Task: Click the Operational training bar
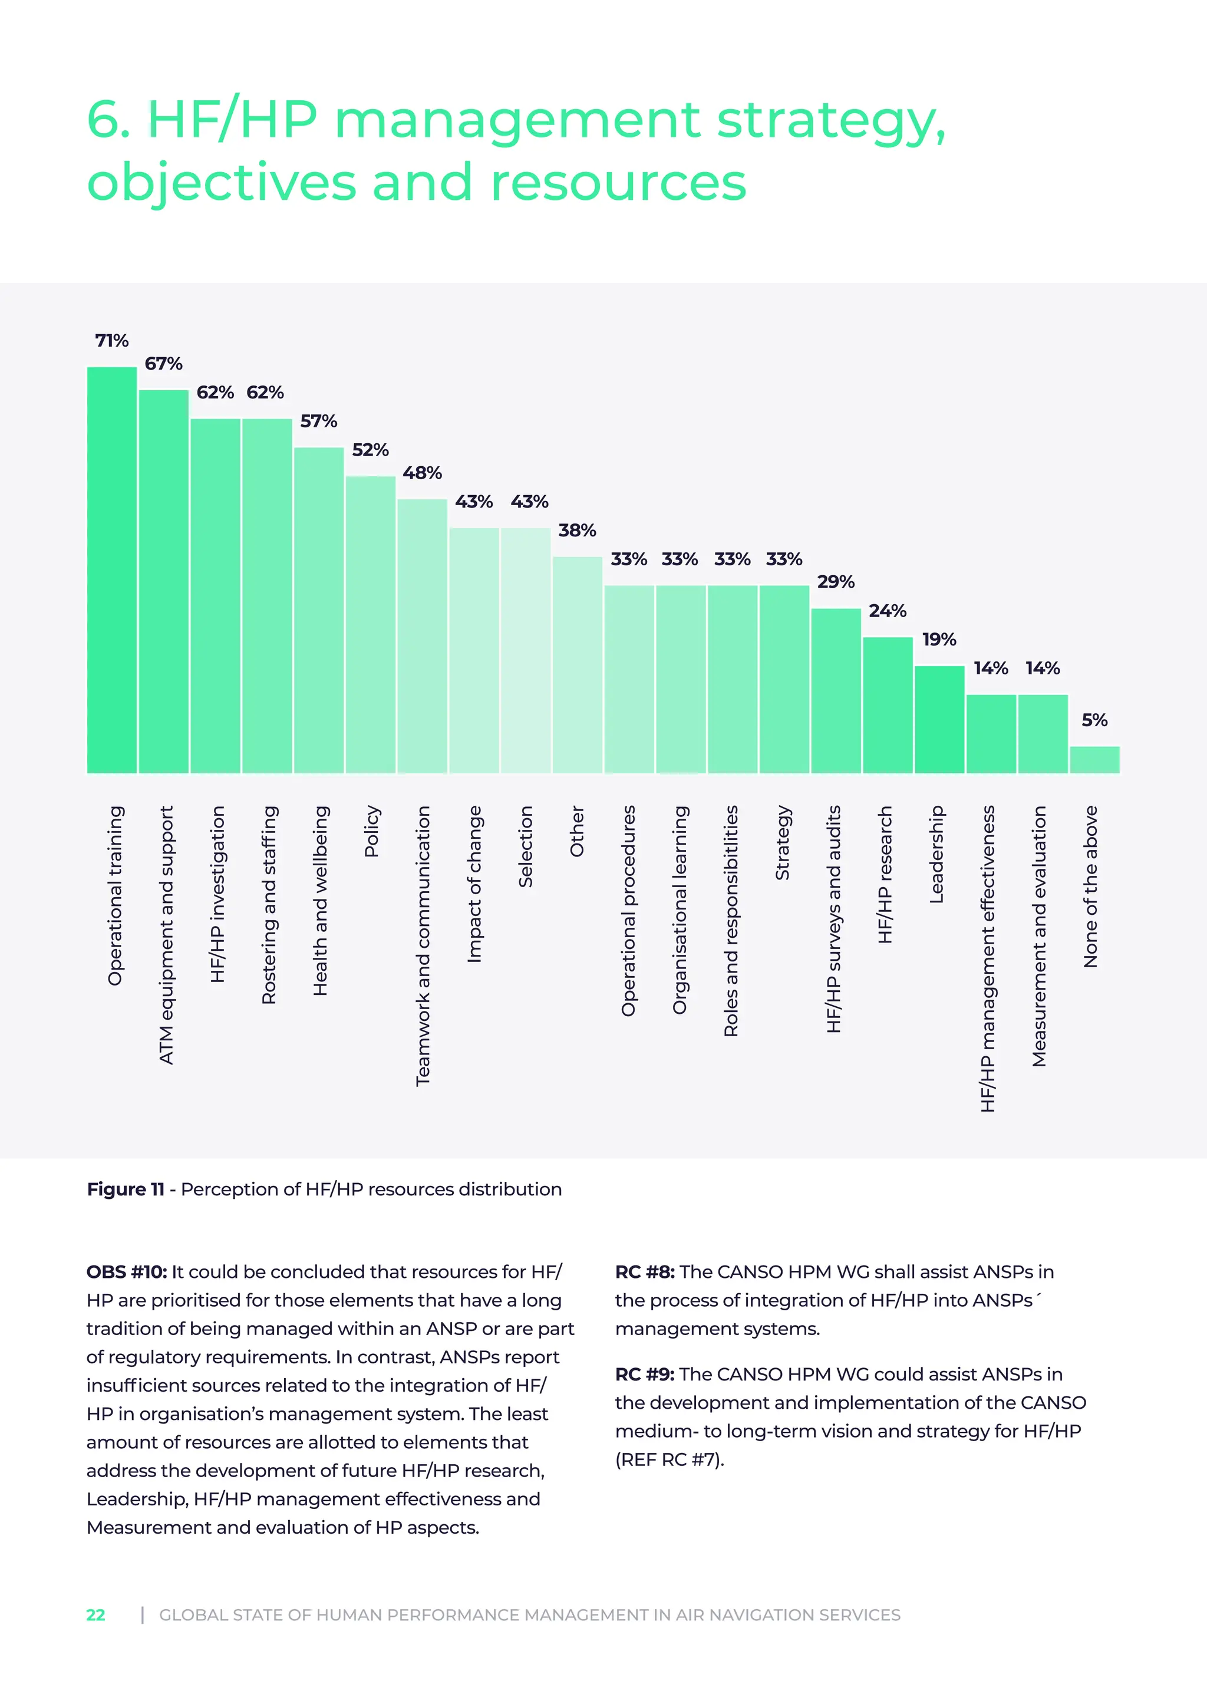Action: [111, 570]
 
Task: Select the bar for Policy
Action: [370, 625]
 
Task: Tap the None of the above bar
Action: [1094, 760]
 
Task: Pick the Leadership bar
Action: [939, 719]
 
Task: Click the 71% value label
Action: [111, 341]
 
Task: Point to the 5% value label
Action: [1094, 720]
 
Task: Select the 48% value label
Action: [422, 473]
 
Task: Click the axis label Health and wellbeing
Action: [319, 900]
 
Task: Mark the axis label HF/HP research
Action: [885, 874]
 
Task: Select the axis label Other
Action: [577, 831]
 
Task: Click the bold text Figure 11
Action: [126, 1189]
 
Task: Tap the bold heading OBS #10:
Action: [126, 1271]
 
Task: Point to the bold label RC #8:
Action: [644, 1271]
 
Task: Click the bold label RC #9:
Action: [644, 1374]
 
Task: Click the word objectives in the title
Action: [222, 182]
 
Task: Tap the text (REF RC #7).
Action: [669, 1459]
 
